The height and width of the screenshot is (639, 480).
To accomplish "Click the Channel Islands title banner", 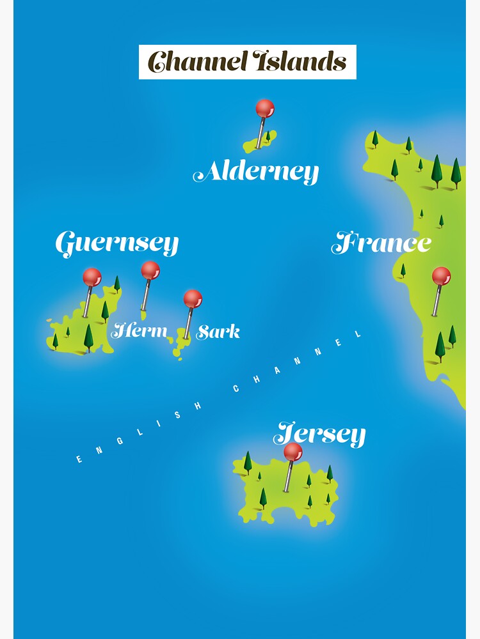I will (247, 62).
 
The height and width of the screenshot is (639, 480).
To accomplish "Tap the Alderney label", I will (256, 172).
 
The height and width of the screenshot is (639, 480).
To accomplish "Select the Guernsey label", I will (116, 244).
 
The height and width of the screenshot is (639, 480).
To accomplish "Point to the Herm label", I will (140, 331).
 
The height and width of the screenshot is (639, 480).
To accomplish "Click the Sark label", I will (218, 332).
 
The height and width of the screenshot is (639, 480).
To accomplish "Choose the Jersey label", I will (319, 435).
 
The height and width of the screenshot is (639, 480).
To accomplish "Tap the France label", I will (381, 243).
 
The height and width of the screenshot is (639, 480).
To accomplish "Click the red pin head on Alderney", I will (265, 109).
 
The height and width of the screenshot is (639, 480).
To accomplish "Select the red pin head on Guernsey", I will (92, 277).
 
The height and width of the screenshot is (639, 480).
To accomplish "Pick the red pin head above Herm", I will (150, 270).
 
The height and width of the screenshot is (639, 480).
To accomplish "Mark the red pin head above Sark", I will (193, 298).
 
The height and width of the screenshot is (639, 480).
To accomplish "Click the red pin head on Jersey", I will (293, 452).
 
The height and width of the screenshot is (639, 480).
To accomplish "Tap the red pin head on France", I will (441, 276).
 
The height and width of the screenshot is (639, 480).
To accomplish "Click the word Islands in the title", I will (300, 62).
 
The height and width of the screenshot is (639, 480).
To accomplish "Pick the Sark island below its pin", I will (181, 346).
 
